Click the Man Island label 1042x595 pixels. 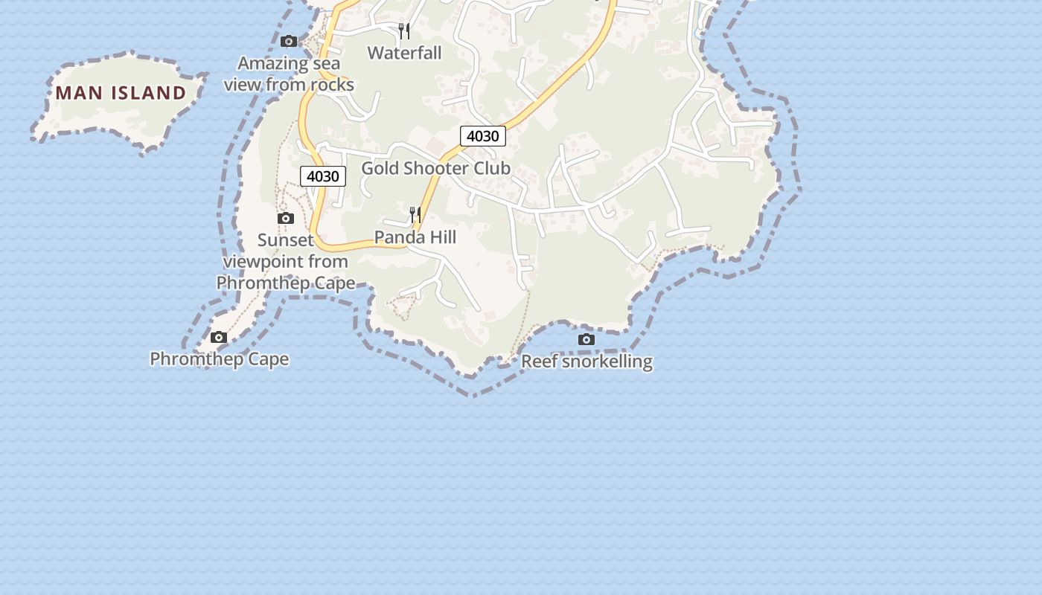click(x=121, y=93)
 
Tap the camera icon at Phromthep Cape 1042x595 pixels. click(x=219, y=338)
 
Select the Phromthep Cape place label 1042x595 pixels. click(x=220, y=359)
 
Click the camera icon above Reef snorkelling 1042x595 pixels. click(x=586, y=340)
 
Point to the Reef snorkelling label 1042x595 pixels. click(x=586, y=361)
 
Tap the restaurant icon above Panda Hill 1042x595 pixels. click(x=415, y=215)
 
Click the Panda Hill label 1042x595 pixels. click(x=415, y=237)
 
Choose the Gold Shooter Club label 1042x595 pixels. click(x=436, y=168)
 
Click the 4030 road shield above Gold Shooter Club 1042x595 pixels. click(x=483, y=136)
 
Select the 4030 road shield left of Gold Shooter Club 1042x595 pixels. click(x=323, y=176)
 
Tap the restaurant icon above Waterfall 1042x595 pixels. click(x=404, y=31)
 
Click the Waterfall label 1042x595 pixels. click(x=404, y=53)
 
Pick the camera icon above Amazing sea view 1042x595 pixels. click(x=289, y=42)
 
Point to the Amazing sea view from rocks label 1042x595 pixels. click(x=289, y=74)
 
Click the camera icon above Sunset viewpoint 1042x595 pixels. click(x=286, y=219)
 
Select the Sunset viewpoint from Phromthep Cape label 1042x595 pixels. click(x=286, y=262)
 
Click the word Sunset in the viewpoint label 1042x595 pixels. click(x=286, y=240)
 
